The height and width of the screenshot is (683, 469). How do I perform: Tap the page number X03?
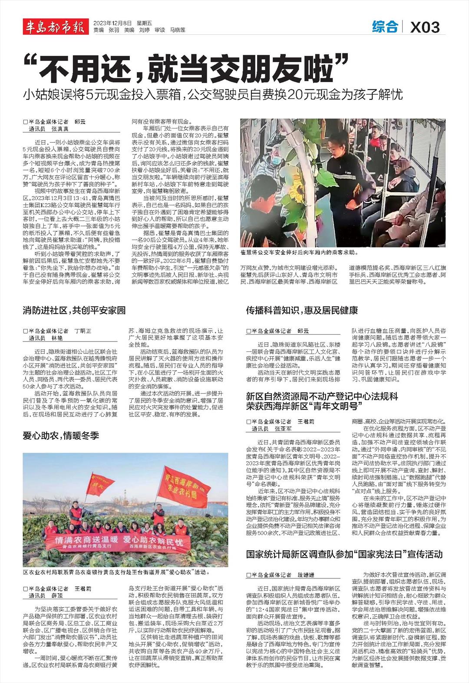pyautogui.click(x=425, y=28)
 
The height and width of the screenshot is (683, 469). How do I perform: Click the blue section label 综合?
pyautogui.click(x=385, y=27)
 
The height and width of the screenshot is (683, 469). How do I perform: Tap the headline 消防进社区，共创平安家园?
pyautogui.click(x=74, y=310)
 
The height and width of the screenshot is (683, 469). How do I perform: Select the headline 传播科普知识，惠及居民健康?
pyautogui.click(x=302, y=310)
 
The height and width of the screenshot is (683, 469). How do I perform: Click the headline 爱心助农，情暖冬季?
pyautogui.click(x=61, y=435)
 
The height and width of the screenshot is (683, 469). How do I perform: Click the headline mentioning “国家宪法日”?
pyautogui.click(x=344, y=554)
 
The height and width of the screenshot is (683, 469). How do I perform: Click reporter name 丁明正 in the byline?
pyautogui.click(x=83, y=331)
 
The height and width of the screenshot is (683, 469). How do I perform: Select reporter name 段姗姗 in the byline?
pyautogui.click(x=306, y=575)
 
